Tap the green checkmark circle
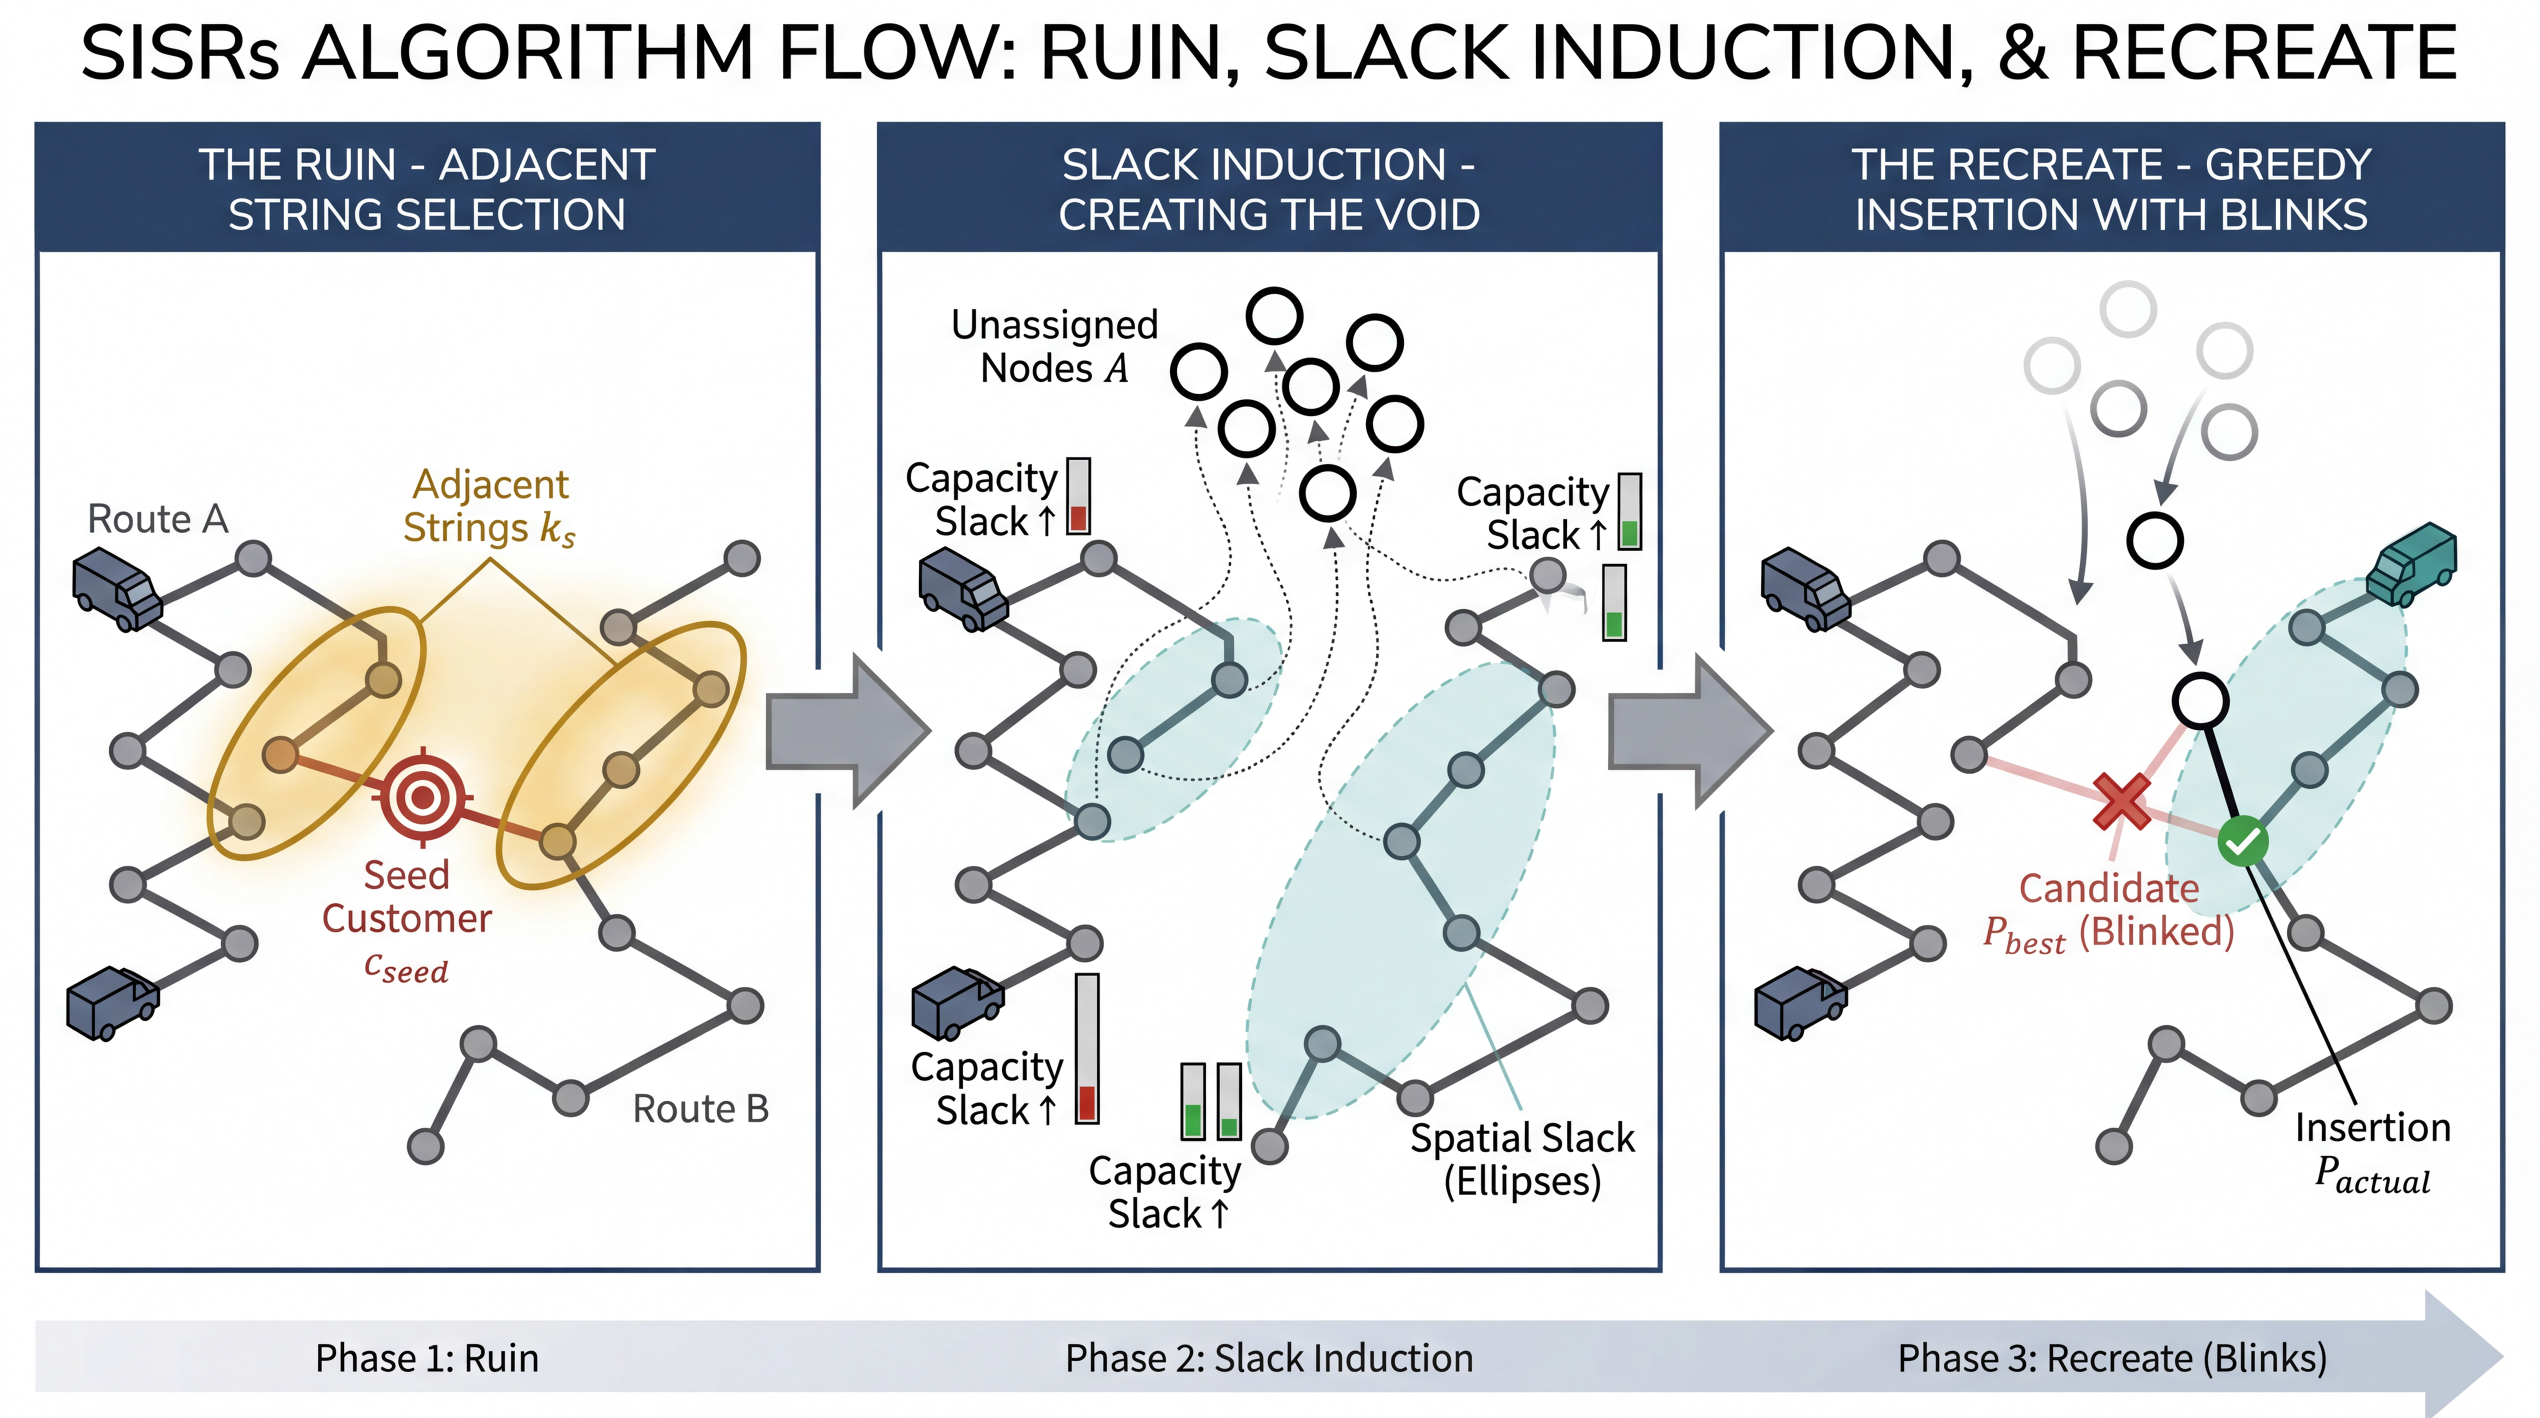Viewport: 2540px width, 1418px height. pos(2242,841)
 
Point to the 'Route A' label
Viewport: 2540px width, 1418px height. pos(158,519)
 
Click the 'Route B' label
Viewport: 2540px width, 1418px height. pos(700,1108)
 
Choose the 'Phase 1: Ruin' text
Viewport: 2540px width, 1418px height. pos(427,1358)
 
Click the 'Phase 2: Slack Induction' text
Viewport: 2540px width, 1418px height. pos(1269,1358)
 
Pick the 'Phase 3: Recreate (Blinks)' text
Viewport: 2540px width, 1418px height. pos(2112,1358)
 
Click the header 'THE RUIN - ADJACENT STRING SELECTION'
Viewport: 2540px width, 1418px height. pos(427,188)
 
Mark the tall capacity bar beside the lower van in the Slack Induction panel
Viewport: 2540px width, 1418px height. pos(1087,1048)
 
